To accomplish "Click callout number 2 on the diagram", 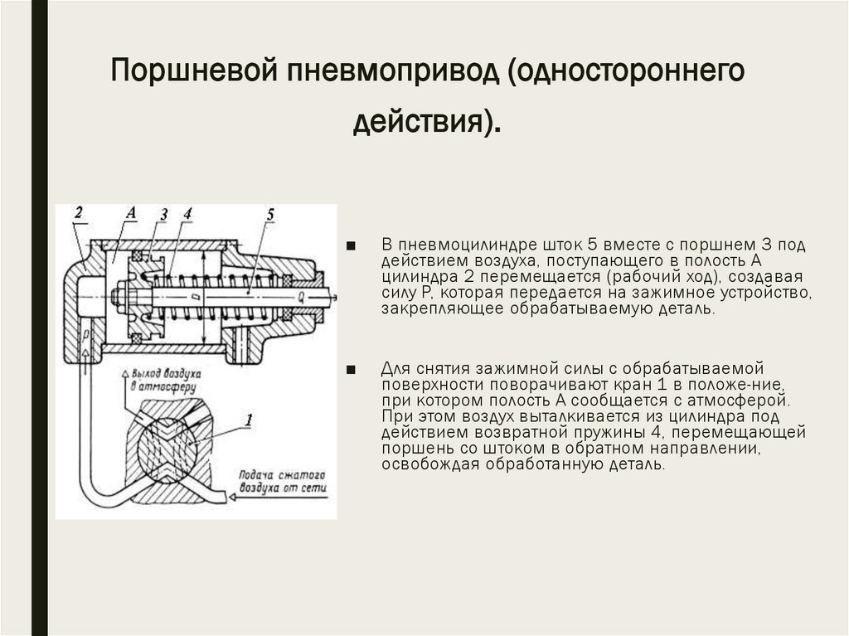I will click(78, 211).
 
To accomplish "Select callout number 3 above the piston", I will click(163, 215).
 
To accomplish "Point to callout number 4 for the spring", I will click(187, 214).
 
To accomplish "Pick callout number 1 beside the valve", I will click(249, 420).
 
